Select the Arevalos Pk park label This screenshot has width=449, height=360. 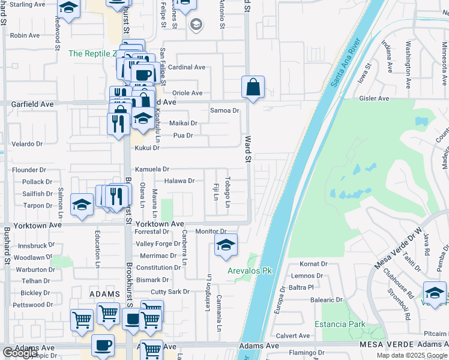[x=250, y=271]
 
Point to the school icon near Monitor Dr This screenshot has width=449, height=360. [x=226, y=245]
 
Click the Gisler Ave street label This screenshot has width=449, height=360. [x=375, y=98]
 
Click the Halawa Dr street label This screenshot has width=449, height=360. [x=179, y=181]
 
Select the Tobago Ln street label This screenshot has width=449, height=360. [x=228, y=192]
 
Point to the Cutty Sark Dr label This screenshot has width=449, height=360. [x=170, y=292]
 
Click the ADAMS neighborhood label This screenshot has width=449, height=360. [x=105, y=294]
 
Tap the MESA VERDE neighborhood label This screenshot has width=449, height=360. [x=384, y=346]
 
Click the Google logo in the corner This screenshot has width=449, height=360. [x=20, y=353]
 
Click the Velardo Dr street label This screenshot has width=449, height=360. [x=27, y=144]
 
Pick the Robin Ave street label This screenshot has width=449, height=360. [x=25, y=36]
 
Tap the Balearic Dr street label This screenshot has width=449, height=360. [x=327, y=299]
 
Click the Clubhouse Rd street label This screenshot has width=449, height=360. [x=399, y=283]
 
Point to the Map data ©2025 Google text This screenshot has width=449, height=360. [x=412, y=355]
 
